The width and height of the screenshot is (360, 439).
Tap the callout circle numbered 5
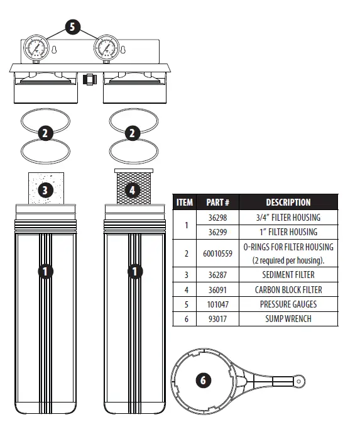[x=73, y=28]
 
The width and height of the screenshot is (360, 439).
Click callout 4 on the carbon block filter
[x=132, y=189]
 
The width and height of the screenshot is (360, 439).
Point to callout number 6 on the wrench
[x=202, y=381]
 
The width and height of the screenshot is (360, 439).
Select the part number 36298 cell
[x=217, y=218]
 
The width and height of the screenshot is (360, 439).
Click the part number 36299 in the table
[x=217, y=232]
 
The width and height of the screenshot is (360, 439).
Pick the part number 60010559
[x=217, y=253]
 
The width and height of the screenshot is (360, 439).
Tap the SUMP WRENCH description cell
[x=288, y=319]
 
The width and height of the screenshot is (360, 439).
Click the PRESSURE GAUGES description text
[x=288, y=304]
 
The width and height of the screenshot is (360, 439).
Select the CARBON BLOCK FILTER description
[x=288, y=290]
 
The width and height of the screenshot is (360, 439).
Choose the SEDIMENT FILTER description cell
[x=288, y=275]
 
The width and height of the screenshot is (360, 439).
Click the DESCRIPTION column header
[x=288, y=203]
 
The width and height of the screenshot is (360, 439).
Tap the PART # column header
[x=217, y=203]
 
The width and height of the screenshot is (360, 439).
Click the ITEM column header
[x=185, y=203]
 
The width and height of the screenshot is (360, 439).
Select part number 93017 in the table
[x=217, y=319]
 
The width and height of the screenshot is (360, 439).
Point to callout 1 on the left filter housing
[x=45, y=272]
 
